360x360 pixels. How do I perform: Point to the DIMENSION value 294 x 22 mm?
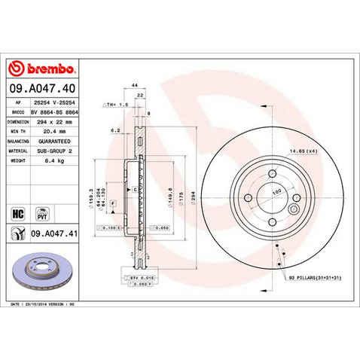tap(56, 121)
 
